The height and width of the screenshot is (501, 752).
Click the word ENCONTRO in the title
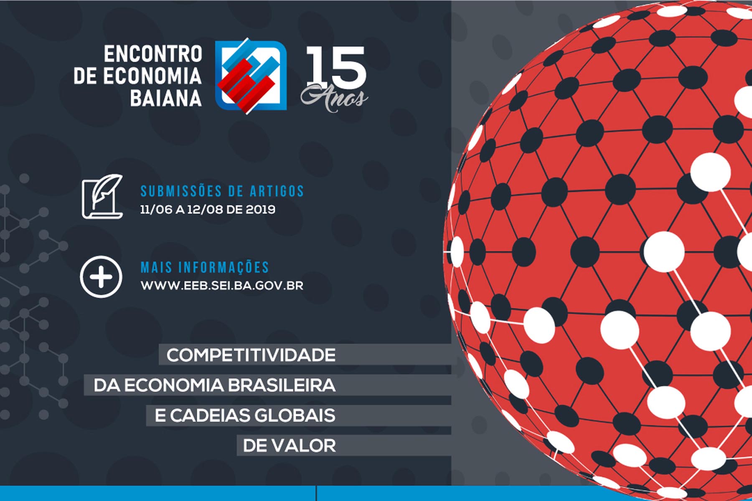pyautogui.click(x=153, y=54)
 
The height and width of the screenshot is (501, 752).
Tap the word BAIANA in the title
pyautogui.click(x=166, y=99)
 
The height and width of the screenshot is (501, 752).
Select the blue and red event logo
pyautogui.click(x=251, y=76)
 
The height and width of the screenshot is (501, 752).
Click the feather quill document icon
pyautogui.click(x=102, y=196)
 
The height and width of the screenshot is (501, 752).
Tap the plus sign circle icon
pyautogui.click(x=101, y=277)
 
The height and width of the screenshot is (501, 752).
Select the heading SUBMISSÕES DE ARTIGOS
pyautogui.click(x=222, y=191)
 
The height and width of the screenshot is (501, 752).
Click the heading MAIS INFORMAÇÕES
pyautogui.click(x=205, y=267)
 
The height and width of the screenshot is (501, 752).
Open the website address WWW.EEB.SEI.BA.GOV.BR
pyautogui.click(x=222, y=286)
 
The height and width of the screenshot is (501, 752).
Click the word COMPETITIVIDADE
pyautogui.click(x=251, y=355)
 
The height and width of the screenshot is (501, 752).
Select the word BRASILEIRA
pyautogui.click(x=282, y=385)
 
